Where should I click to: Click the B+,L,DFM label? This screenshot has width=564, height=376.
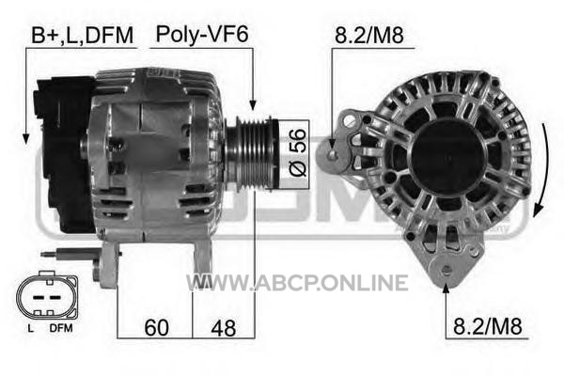82,36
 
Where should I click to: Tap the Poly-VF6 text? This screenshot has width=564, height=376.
202,35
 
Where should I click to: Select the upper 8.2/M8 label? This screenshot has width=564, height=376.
369,36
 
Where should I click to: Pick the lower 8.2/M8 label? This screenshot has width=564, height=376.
487,327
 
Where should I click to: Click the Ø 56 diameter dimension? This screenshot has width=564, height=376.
298,153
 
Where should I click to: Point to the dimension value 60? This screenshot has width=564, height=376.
156,328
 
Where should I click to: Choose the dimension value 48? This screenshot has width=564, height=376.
224,328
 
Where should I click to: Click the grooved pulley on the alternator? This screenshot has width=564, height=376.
252,152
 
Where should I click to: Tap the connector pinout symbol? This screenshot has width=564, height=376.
47,296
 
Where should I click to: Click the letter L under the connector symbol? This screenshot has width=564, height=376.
31,328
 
